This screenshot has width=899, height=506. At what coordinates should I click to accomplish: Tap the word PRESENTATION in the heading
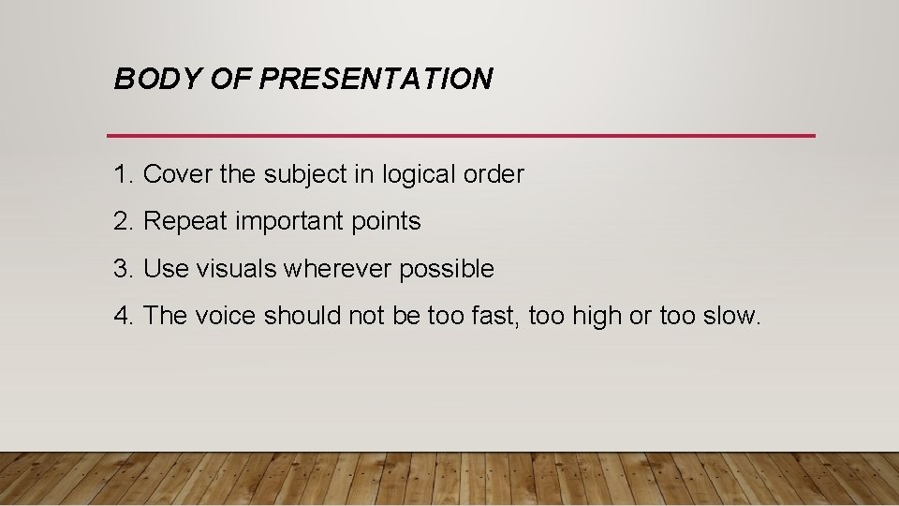[x=375, y=80]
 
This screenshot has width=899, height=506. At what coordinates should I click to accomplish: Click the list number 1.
[x=123, y=174]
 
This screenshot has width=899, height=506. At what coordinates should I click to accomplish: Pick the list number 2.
[x=123, y=222]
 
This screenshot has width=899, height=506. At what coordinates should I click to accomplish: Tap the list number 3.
[x=123, y=269]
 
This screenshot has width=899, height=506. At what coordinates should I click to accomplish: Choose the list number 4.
[x=123, y=316]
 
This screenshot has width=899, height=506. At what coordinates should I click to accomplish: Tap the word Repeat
[x=185, y=222]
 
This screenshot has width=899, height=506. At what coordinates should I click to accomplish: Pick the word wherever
[x=338, y=269]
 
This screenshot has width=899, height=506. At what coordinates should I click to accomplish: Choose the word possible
[x=447, y=270]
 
